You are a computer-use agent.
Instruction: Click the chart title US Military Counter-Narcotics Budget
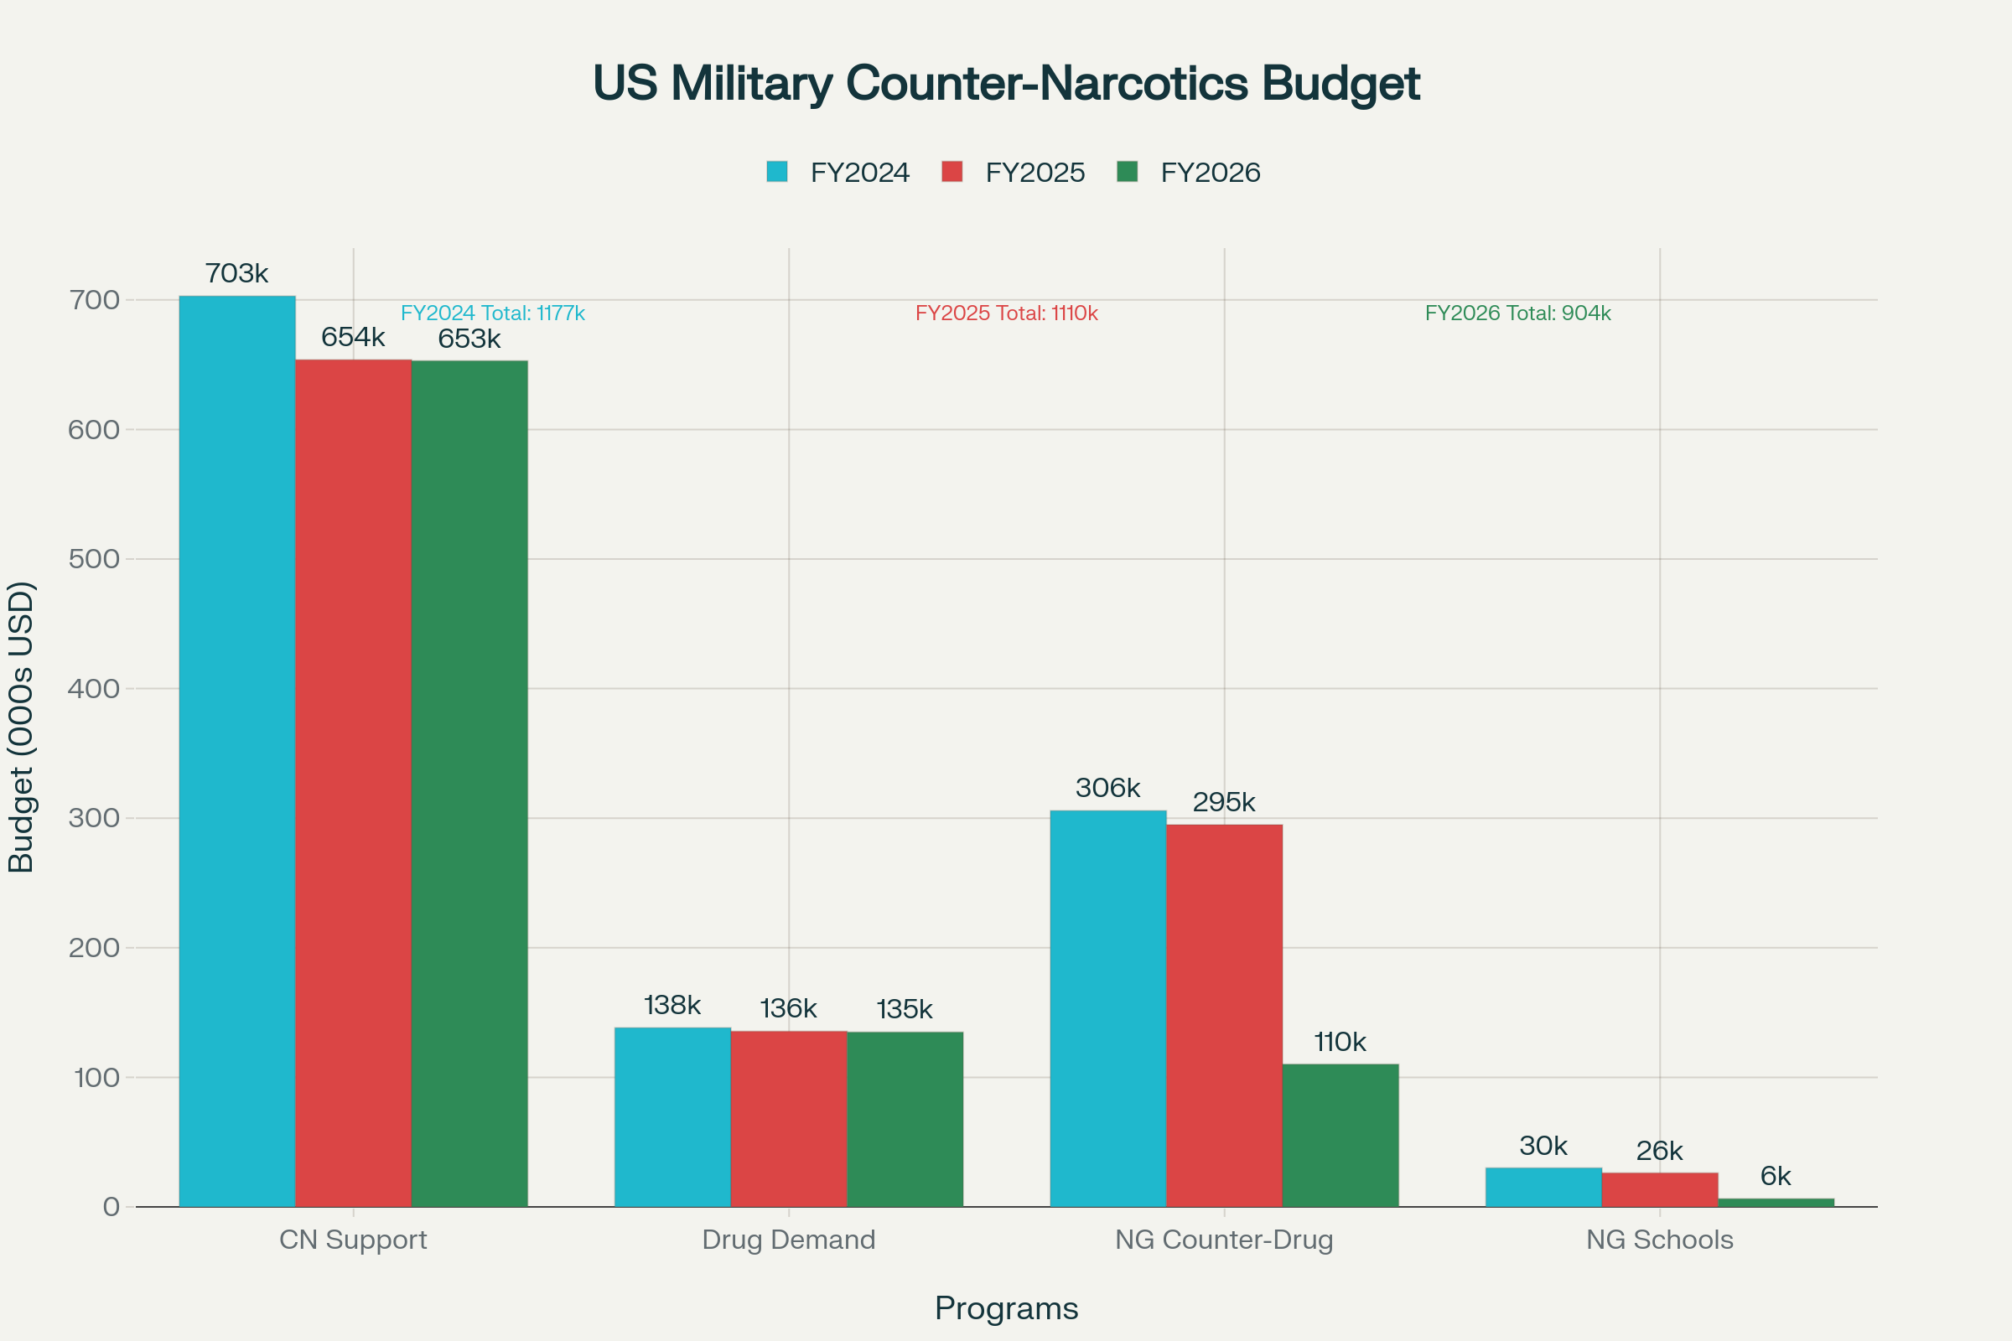pos(1006,84)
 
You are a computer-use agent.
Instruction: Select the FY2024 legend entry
pos(858,173)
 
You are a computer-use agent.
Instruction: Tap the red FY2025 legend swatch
pos(952,172)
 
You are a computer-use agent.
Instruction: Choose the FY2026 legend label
pos(1210,173)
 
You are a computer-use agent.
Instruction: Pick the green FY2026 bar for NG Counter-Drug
pos(1340,1135)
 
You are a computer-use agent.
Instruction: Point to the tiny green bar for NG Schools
pos(1776,1202)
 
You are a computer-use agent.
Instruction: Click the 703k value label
pos(237,274)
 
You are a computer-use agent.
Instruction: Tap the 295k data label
pos(1224,802)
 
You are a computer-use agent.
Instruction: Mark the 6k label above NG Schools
pos(1776,1177)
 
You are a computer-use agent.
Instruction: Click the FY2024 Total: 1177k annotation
pos(493,313)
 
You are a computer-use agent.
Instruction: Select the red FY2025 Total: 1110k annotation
pos(1006,313)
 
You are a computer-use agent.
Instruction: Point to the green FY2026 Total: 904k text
pos(1517,313)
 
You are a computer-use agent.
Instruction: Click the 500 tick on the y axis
pos(94,559)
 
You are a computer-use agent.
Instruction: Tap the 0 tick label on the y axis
pos(111,1207)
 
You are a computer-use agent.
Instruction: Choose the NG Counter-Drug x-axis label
pos(1224,1240)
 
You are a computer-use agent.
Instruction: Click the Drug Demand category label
pos(789,1240)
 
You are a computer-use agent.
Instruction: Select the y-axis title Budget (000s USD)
pos(20,727)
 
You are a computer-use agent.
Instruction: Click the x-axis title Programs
pos(1006,1308)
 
